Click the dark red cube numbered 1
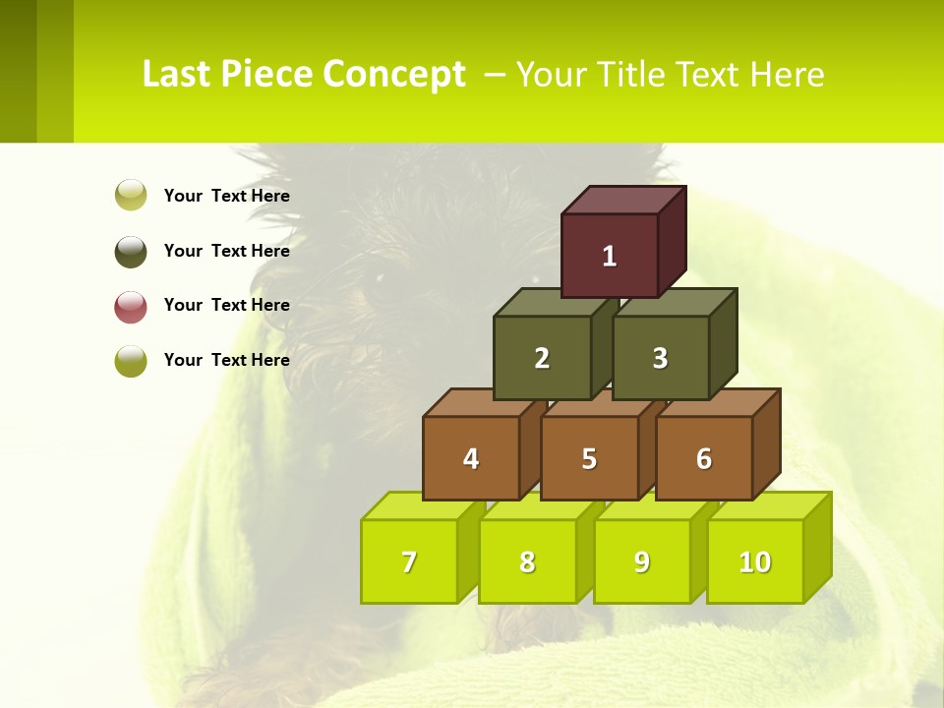609,256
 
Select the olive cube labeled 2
542,358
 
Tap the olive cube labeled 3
660,358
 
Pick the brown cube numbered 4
471,458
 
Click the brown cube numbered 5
589,458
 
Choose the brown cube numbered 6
703,458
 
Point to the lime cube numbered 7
409,561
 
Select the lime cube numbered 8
527,561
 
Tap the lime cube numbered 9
641,561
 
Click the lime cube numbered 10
754,561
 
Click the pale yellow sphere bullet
131,195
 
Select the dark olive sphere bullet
131,251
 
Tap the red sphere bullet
131,306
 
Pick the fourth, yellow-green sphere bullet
131,361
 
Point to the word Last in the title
176,75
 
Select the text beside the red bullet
227,305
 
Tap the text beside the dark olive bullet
227,251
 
